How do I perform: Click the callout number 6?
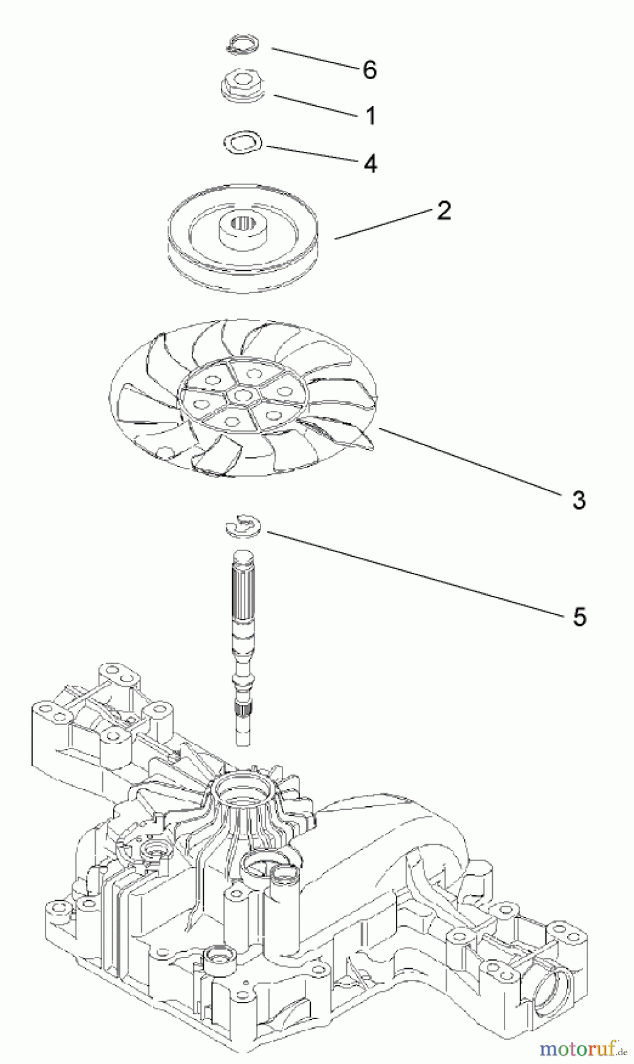pos(369,70)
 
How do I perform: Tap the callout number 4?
pos(370,163)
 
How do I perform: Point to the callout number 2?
pos(444,210)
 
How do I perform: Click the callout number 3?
pos(578,499)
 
